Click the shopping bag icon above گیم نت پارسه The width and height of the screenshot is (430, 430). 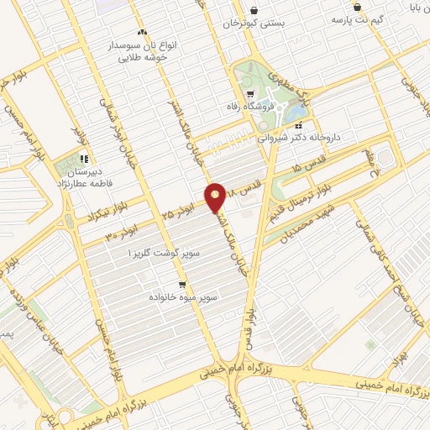(x=358, y=7)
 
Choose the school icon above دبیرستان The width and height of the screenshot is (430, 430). (x=84, y=158)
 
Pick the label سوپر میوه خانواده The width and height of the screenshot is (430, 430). (x=184, y=296)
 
